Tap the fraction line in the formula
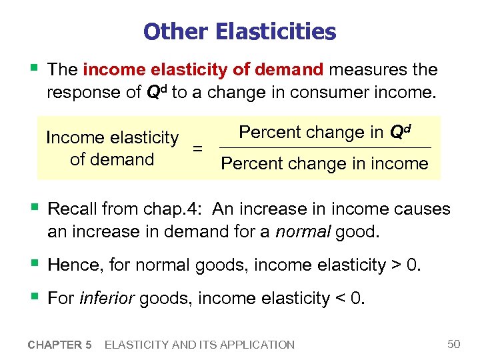coord(325,147)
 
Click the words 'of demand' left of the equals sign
coord(112,160)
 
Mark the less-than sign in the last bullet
coord(340,299)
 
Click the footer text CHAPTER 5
coord(59,345)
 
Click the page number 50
coord(454,344)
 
